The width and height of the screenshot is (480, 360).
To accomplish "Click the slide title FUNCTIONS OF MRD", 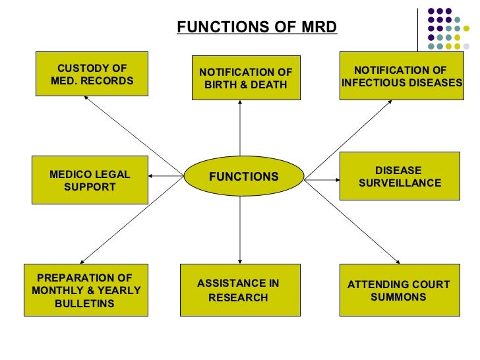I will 256,27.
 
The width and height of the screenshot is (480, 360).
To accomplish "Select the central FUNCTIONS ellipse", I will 243,177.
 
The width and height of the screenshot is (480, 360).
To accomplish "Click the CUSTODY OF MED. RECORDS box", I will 92,75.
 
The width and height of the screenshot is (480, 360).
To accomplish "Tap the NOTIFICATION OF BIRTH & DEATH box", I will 245,78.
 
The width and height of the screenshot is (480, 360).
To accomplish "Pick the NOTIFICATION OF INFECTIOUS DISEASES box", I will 400,76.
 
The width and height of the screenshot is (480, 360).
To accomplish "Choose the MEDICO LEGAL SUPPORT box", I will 90,180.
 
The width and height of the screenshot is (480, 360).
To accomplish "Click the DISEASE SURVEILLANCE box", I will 399,176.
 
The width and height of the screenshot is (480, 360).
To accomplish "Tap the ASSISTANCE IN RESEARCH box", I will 239,290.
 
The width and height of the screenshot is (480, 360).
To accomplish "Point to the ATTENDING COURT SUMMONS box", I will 399,290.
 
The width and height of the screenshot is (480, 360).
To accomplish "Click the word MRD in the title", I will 318,27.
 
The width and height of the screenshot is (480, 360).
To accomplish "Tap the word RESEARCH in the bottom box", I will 238,297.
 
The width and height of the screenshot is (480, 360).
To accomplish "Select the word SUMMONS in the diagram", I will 398,297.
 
